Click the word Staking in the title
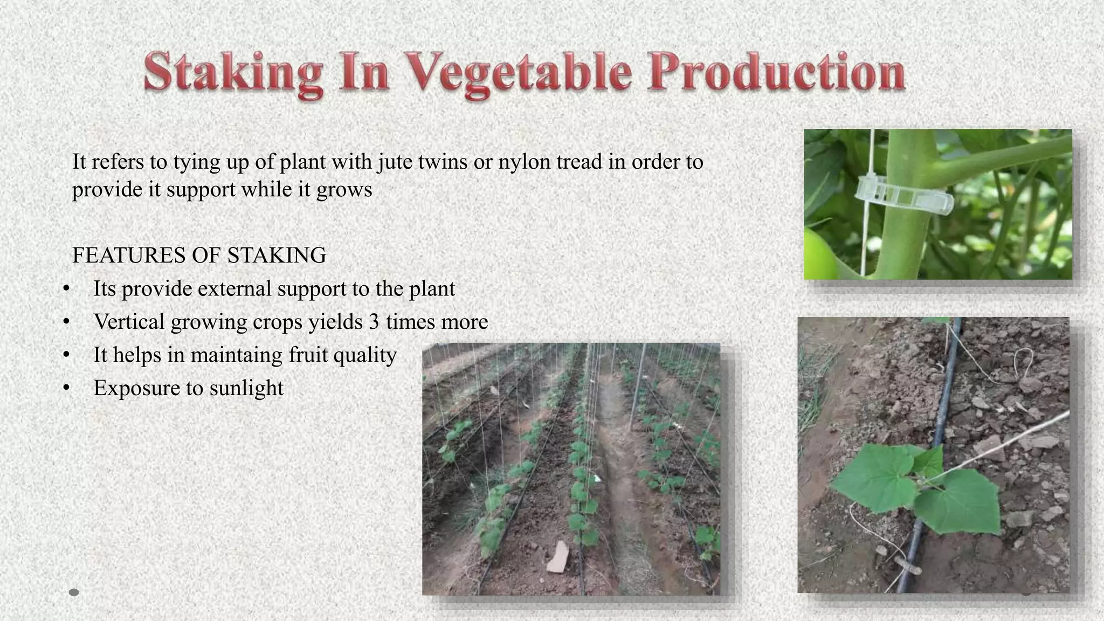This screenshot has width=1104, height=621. pos(233,73)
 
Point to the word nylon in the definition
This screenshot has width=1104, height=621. pos(523,162)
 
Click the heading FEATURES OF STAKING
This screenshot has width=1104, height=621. pos(199,255)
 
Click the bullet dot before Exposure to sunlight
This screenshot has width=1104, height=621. pos(66,388)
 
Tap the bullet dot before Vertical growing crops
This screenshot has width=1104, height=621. pos(66,322)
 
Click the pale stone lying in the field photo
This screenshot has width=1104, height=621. pos(558,556)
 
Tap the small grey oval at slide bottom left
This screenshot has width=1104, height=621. pos(74,592)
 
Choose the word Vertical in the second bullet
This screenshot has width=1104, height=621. pos(129,322)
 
